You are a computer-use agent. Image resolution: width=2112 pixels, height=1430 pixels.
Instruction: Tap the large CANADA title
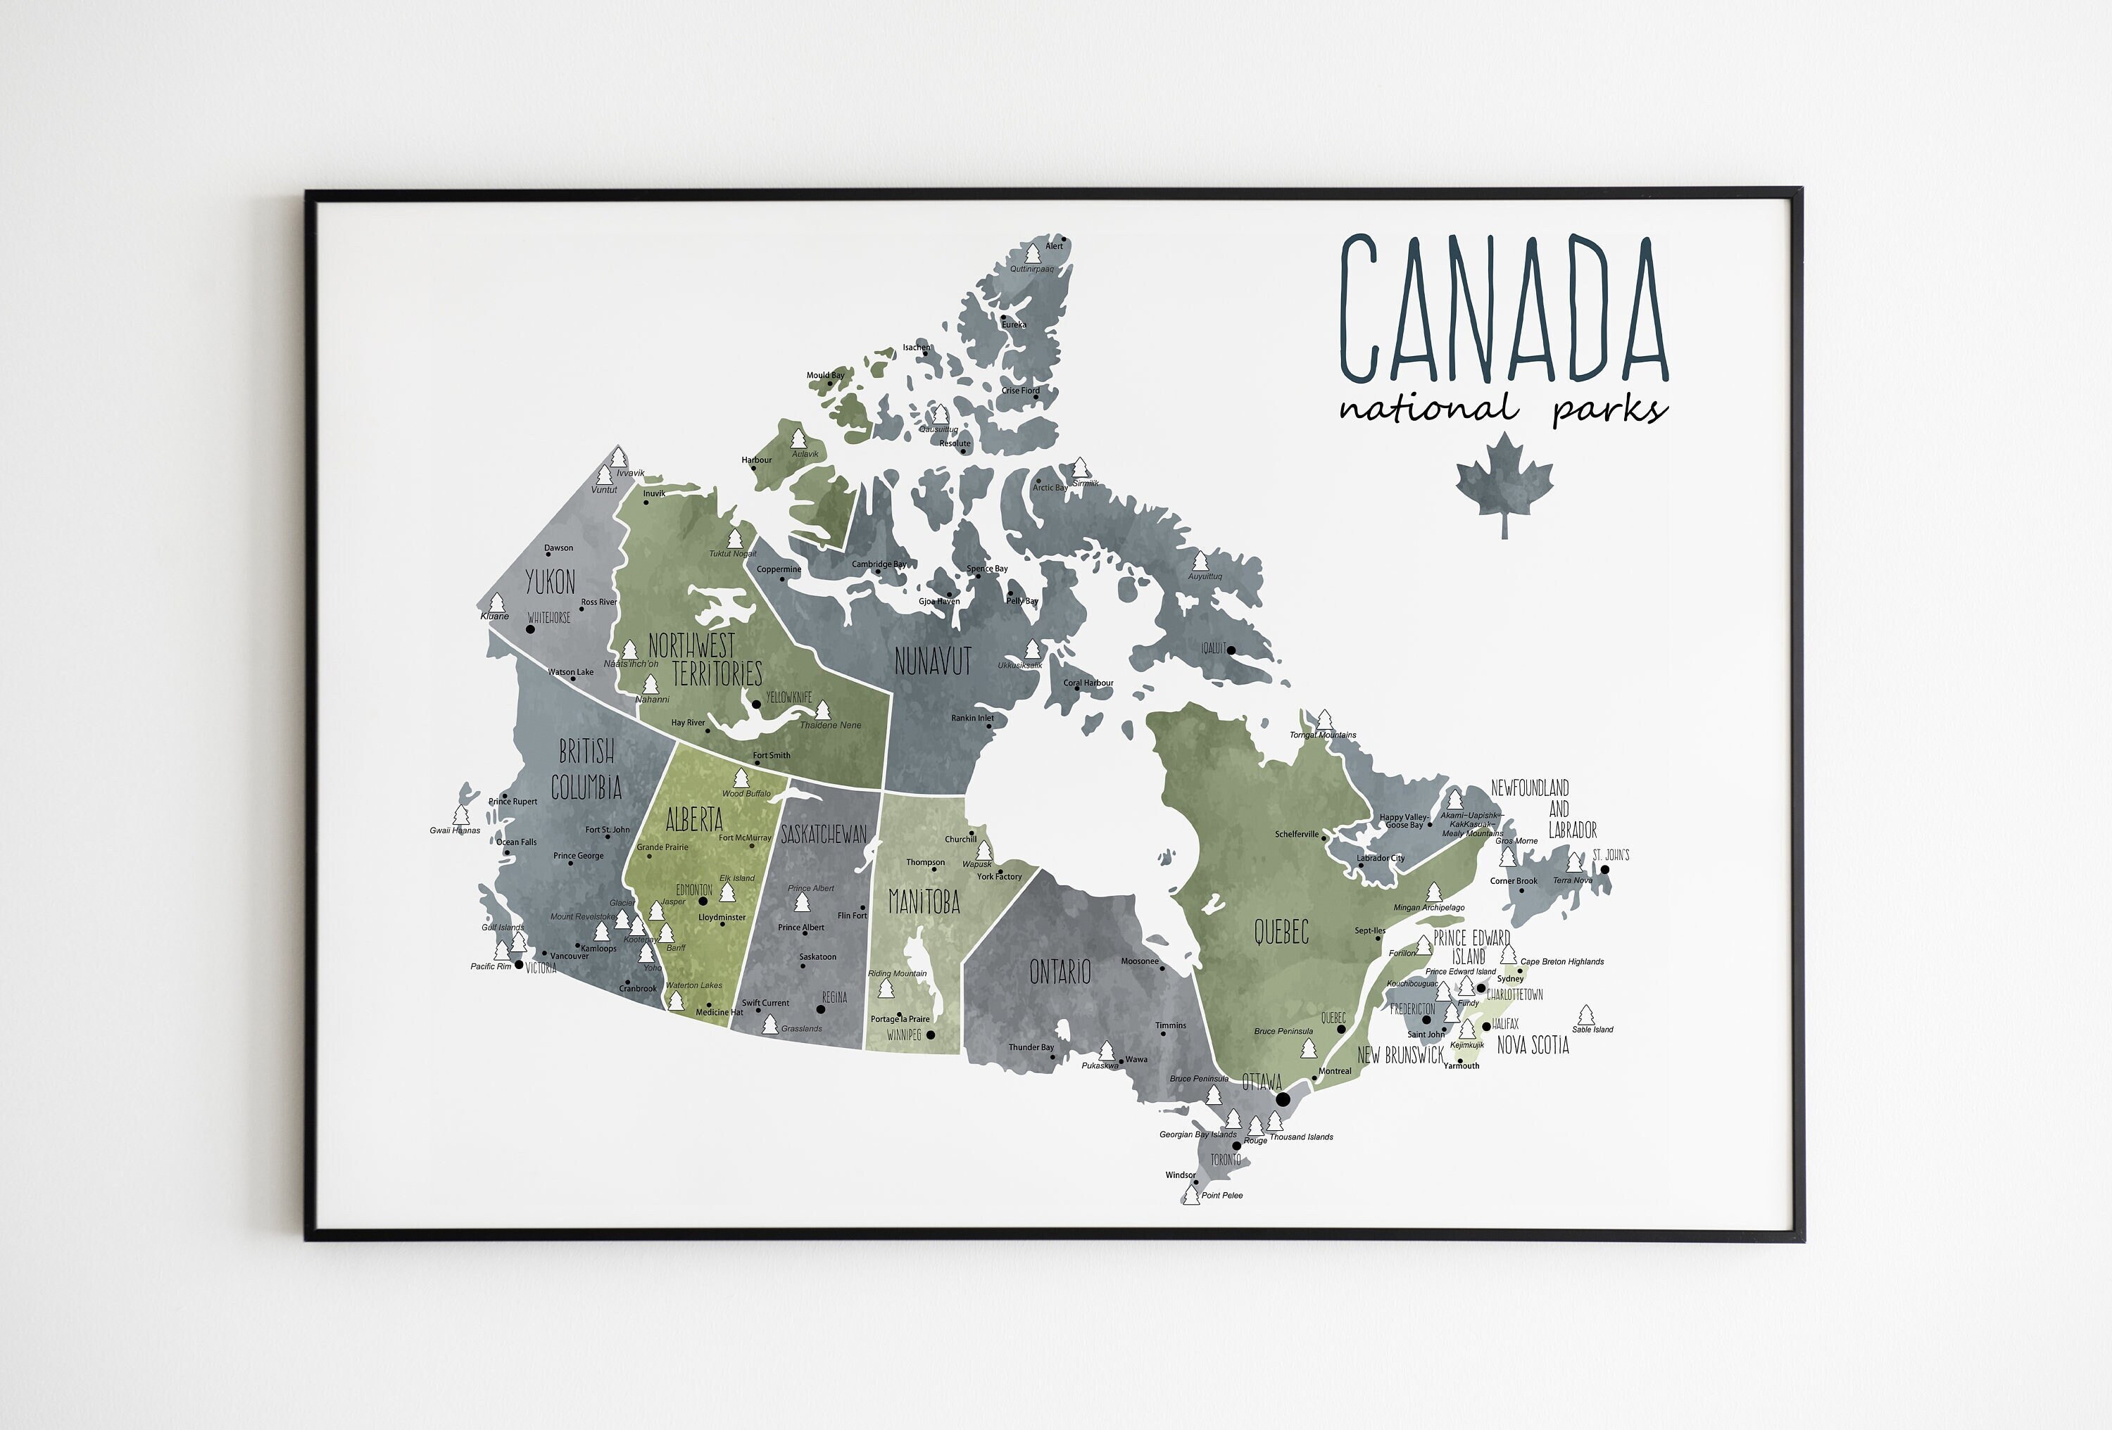[1504, 309]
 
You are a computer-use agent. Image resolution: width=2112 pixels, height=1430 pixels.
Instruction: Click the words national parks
[1504, 409]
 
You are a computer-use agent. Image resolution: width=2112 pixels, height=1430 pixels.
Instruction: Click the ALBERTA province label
[694, 819]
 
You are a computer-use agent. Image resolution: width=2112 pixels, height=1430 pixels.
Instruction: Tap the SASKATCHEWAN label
[824, 834]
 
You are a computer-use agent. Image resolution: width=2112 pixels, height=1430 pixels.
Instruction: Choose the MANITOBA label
[924, 902]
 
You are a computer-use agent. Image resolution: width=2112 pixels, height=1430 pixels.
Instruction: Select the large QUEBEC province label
[1281, 931]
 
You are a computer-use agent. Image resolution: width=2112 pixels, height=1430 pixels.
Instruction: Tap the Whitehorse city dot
[531, 628]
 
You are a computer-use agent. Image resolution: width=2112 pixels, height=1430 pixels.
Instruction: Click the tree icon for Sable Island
[1586, 1015]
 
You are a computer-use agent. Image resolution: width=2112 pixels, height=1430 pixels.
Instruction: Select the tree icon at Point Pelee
[1190, 1195]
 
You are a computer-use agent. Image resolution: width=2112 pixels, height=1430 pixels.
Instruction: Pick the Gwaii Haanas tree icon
[460, 816]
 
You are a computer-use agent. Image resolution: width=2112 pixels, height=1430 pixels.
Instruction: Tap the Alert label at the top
[1054, 246]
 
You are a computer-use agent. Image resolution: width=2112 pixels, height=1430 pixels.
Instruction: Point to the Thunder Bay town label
[1031, 1047]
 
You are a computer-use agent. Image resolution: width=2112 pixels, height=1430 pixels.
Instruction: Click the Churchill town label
[960, 840]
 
